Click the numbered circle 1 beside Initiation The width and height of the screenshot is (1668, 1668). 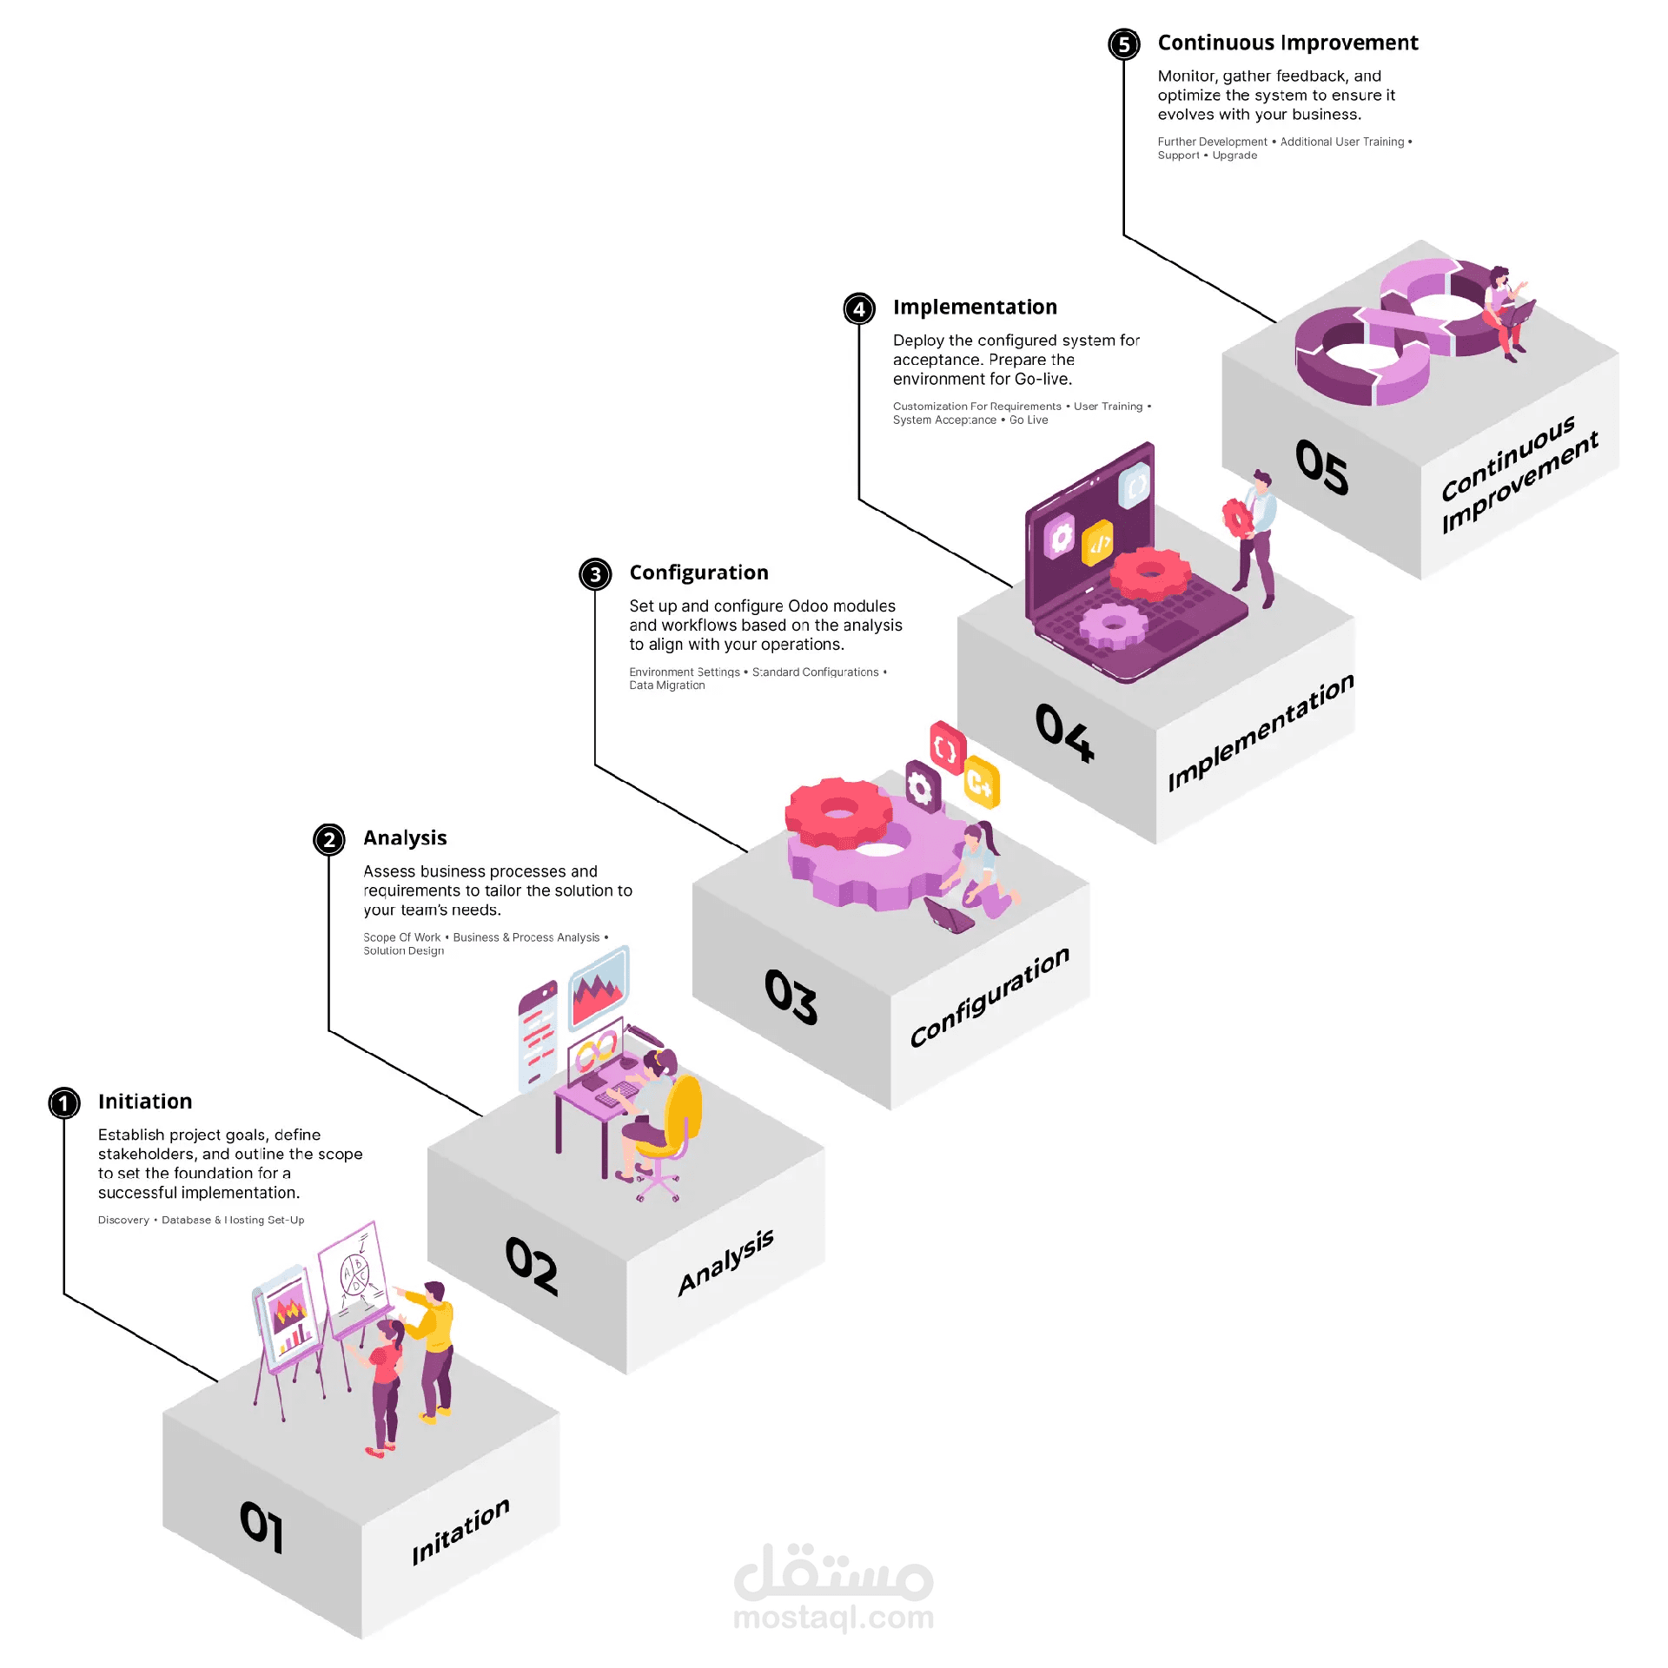coord(64,1103)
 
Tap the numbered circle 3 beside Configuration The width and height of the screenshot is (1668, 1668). coord(595,574)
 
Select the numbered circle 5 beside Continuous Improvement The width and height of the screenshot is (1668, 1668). coord(1124,44)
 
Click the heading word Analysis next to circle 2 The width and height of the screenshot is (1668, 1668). coord(405,838)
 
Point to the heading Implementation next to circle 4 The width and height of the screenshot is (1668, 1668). coord(975,308)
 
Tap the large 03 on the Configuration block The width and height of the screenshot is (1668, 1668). coord(791,996)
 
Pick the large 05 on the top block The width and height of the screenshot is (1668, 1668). coord(1321,467)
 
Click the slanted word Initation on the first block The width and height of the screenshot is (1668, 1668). coord(460,1531)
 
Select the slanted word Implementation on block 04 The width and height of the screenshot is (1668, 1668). coord(1261,732)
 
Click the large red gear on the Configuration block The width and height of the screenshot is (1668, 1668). coord(838,812)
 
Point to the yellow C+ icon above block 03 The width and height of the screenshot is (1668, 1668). coord(982,783)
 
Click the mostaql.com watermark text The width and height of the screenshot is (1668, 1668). coord(834,1618)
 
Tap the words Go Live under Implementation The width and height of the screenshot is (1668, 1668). coord(1029,420)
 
